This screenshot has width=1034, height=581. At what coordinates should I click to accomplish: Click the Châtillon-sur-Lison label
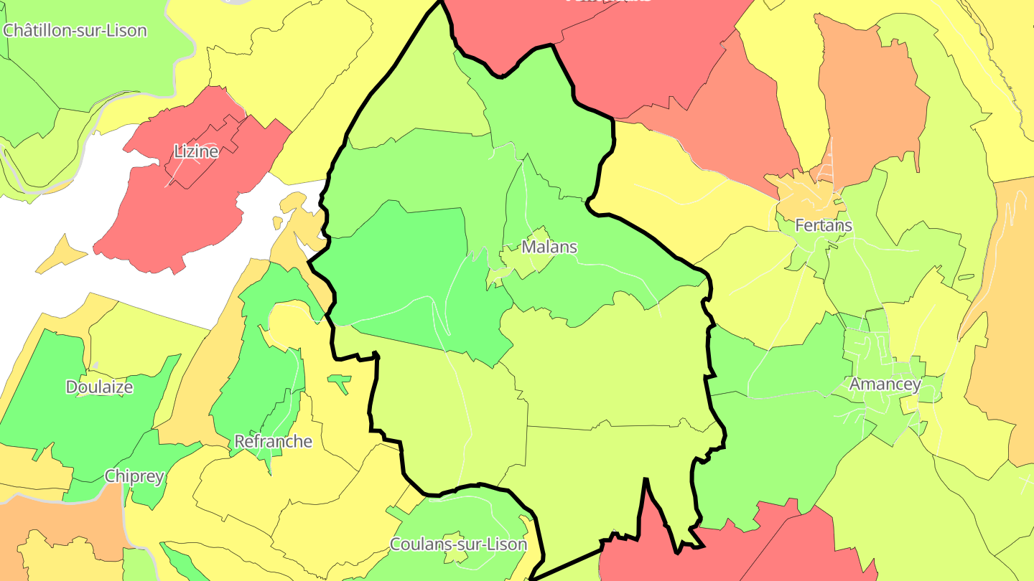coord(75,31)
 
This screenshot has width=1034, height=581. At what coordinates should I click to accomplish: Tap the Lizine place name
coord(196,151)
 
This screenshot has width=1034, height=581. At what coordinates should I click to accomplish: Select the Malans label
coord(549,247)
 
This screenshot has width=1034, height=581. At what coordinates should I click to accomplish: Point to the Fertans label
coord(823,225)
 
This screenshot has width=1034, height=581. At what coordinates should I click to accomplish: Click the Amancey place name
coord(884,384)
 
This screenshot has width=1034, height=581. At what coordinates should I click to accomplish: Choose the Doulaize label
coord(99,387)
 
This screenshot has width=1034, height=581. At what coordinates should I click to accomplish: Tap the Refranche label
coord(273,441)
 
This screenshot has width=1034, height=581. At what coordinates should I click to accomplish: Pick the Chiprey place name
coord(134,476)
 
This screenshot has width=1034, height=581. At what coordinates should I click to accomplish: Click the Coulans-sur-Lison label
coord(457,544)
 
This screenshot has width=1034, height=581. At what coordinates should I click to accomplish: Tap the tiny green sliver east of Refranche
coord(340,382)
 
